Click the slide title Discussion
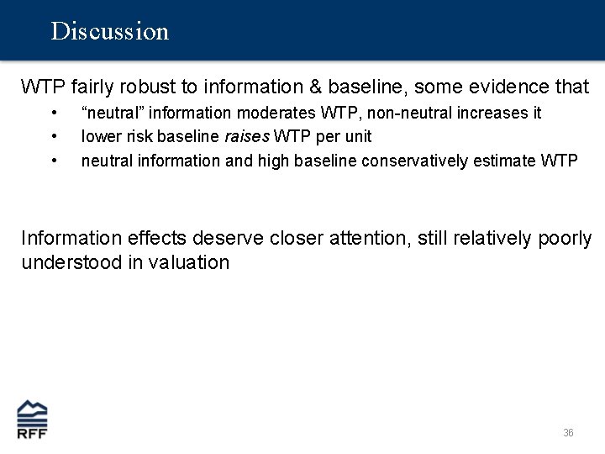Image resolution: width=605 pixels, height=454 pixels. tap(109, 31)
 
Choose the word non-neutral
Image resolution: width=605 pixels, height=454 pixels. tap(420, 113)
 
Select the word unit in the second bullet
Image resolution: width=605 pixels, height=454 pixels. tap(355, 136)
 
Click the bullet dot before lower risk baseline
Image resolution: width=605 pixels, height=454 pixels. tap(54, 136)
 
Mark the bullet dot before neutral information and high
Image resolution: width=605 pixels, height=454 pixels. tap(54, 160)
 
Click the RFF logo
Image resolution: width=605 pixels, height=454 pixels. tap(33, 419)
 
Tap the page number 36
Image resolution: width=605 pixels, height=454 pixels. tap(568, 432)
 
